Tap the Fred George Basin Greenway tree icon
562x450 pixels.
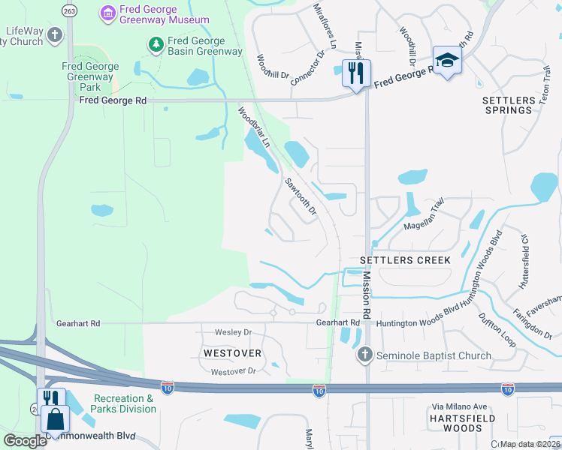coord(156,46)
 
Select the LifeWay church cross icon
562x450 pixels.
coord(54,34)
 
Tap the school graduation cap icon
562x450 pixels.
coord(447,61)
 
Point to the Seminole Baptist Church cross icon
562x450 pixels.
coord(365,355)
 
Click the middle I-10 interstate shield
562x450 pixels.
coord(319,390)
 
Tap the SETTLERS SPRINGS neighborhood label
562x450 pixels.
coord(507,104)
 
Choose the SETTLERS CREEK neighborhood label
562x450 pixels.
coord(405,260)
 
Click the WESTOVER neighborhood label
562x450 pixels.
coord(231,352)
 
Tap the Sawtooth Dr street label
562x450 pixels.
coord(301,195)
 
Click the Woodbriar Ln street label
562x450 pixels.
coord(254,127)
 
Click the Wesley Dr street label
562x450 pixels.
coord(232,331)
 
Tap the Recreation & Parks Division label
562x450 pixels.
coord(125,403)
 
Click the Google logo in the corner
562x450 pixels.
coord(26,441)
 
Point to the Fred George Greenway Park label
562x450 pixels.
coord(90,76)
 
